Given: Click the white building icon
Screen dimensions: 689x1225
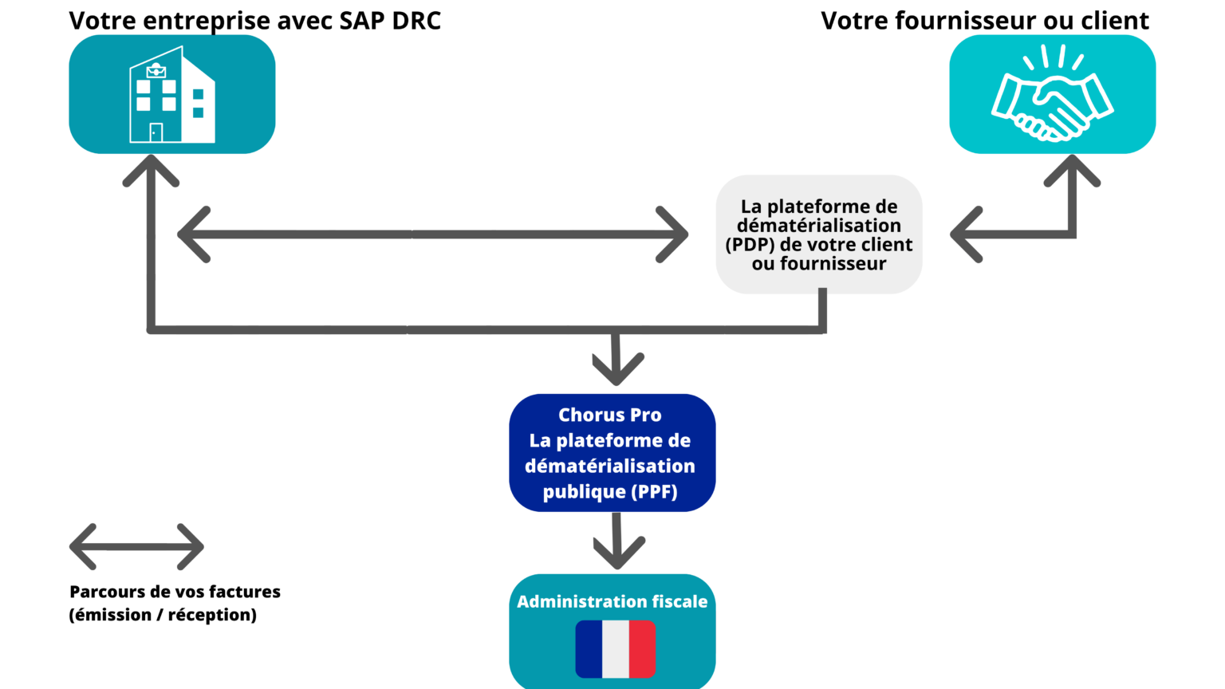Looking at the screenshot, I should click(x=172, y=95).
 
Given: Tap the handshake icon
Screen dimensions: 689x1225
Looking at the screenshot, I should click(x=1052, y=96).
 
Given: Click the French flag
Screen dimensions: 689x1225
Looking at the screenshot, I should click(x=615, y=648).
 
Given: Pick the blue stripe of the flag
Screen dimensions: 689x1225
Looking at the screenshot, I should click(x=589, y=648).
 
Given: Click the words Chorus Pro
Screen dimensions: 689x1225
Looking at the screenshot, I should click(x=610, y=415).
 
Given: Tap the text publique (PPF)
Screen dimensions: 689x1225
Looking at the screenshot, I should click(x=610, y=491).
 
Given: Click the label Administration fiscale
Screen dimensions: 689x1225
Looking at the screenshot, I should click(x=612, y=601).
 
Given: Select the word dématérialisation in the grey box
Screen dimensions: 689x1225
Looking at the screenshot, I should click(x=819, y=226).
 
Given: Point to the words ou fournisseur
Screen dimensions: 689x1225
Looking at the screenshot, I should click(x=819, y=264).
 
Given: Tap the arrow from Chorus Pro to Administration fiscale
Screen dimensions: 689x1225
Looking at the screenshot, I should click(x=617, y=542).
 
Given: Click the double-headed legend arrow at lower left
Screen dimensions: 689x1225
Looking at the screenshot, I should click(x=137, y=547).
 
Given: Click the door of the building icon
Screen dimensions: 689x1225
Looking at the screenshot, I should click(x=156, y=132).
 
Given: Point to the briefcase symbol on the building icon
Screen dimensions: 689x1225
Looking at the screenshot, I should click(x=156, y=71).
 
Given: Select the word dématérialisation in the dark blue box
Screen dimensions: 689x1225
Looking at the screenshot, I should click(x=610, y=466).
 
